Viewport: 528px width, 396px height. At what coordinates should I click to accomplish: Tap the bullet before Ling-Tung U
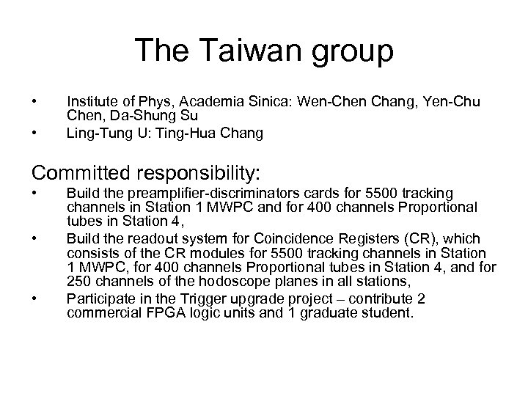[x=34, y=133]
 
